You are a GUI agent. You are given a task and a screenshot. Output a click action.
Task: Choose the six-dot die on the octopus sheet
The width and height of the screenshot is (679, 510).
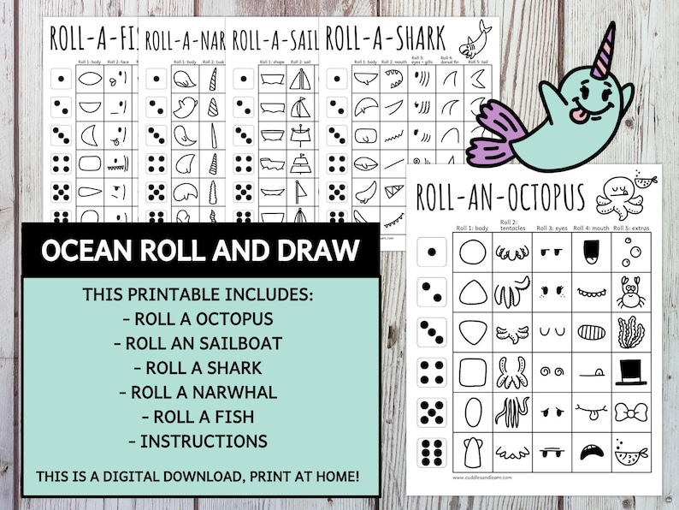tap(433, 452)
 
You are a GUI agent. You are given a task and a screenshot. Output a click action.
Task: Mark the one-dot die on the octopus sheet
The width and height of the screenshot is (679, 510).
tap(433, 252)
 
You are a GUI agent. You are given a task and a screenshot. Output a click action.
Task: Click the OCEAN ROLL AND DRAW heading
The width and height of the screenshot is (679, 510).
tap(200, 252)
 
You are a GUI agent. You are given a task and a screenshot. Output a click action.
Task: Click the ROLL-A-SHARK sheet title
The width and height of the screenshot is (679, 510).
tap(386, 38)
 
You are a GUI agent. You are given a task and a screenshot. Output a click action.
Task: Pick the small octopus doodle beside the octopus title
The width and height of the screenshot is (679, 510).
tap(614, 196)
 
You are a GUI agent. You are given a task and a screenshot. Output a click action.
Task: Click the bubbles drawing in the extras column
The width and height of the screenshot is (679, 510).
tap(631, 252)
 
